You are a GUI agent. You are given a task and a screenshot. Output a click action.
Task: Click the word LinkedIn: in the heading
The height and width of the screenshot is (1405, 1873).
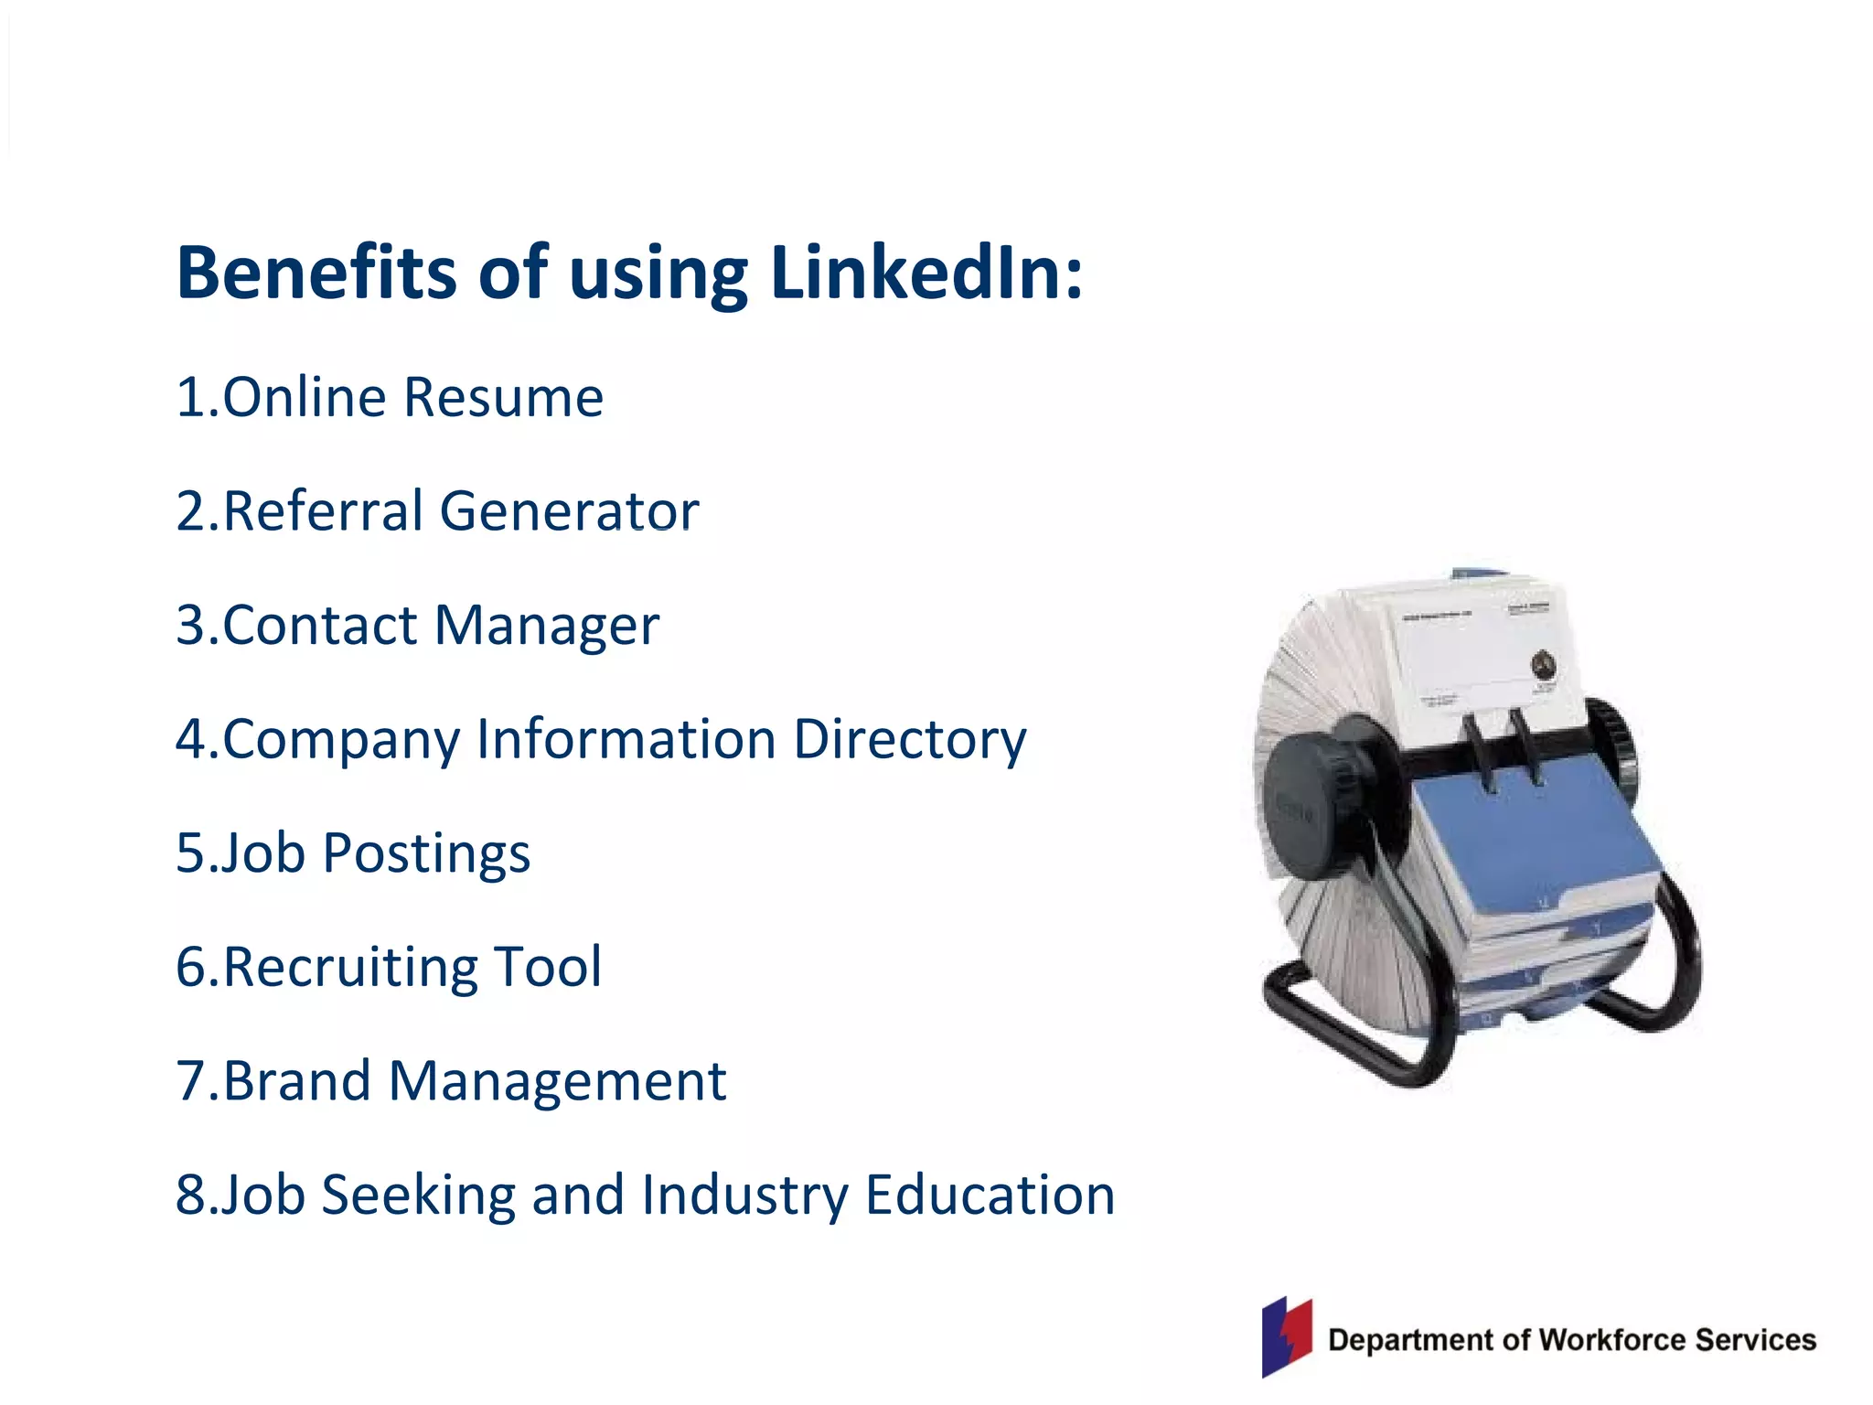coord(926,273)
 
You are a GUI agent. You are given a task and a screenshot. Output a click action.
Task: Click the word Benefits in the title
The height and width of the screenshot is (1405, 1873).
coord(316,273)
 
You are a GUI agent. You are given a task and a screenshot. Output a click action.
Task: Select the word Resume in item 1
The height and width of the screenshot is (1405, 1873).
coord(503,398)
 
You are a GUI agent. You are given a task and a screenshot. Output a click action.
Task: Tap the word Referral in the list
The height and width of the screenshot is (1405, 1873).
coord(323,510)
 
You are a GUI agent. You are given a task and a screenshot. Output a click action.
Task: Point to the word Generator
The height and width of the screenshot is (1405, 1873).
coord(569,510)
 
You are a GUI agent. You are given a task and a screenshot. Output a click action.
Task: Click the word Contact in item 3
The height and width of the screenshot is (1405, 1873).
coord(320,626)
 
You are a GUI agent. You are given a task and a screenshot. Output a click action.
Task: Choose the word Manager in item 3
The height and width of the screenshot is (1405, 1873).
coord(547,626)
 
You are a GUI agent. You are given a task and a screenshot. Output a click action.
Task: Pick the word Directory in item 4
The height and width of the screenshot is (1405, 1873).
coord(910,739)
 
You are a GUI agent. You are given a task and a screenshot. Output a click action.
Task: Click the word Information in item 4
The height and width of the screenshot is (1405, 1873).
coord(626,739)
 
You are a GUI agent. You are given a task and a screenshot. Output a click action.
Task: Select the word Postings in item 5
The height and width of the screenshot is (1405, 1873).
coord(426,853)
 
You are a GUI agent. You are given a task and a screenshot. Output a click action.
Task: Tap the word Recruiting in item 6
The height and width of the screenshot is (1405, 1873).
coord(348,967)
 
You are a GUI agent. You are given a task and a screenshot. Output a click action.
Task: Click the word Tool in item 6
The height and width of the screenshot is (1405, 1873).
coord(548,967)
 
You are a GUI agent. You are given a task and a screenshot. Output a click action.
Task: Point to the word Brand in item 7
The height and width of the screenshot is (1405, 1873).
coord(297,1081)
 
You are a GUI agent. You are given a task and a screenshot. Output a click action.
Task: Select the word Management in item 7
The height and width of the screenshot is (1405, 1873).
coord(557,1081)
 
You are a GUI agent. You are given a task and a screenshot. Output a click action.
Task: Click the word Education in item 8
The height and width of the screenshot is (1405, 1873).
coord(990,1195)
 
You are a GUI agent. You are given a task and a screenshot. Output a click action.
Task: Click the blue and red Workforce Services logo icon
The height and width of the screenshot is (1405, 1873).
coord(1287,1336)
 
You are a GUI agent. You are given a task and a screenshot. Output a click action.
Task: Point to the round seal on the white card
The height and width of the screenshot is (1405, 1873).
coord(1544,665)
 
